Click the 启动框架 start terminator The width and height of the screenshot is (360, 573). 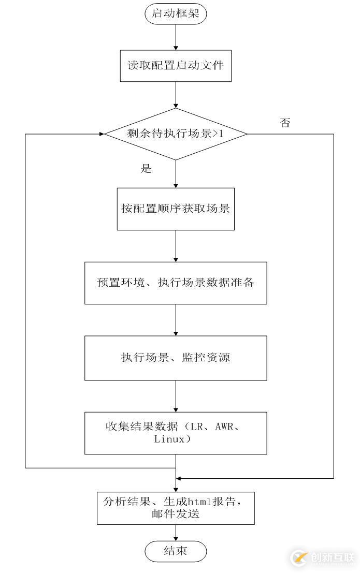(x=176, y=13)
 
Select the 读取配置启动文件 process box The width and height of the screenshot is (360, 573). (x=176, y=66)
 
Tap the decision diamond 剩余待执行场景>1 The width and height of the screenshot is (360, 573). (x=176, y=134)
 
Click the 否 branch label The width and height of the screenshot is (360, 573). (x=285, y=123)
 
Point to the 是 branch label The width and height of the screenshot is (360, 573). (x=146, y=169)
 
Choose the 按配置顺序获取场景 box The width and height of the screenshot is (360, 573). (x=176, y=209)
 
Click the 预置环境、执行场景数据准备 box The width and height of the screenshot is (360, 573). (x=176, y=283)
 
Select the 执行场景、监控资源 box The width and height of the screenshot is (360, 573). (x=176, y=358)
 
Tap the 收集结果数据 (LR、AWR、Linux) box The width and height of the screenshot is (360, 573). (x=176, y=433)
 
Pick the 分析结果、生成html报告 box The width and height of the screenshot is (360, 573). (x=176, y=508)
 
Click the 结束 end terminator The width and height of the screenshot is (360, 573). (x=176, y=551)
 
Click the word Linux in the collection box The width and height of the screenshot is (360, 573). (x=169, y=439)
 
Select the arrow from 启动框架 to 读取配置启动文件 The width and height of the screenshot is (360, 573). (x=176, y=37)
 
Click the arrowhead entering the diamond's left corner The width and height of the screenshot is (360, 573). (x=102, y=134)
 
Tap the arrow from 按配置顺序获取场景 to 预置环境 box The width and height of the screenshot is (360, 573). (x=176, y=246)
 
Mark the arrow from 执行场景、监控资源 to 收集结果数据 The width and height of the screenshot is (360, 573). (x=176, y=396)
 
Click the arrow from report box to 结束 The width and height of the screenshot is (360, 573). (x=176, y=533)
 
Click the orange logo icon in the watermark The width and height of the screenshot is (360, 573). (x=299, y=557)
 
